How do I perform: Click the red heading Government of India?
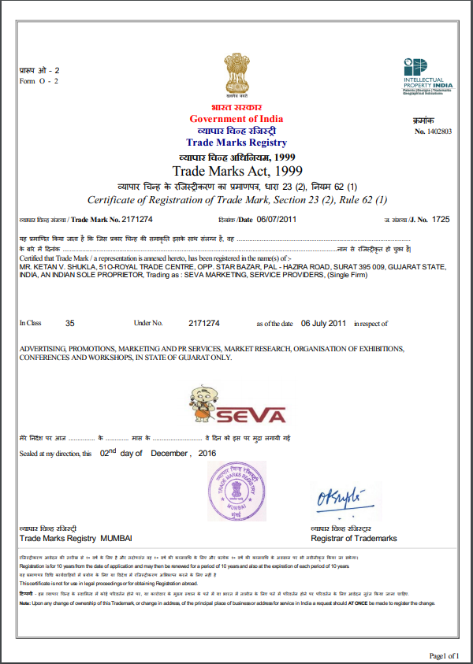(x=236, y=119)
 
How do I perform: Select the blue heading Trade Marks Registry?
(x=236, y=143)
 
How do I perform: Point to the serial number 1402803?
(x=438, y=132)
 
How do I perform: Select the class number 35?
(x=69, y=323)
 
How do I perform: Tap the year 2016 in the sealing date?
(x=207, y=454)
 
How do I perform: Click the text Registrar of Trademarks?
(x=354, y=538)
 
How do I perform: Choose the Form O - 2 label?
(x=39, y=81)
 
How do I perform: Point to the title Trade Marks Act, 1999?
(x=236, y=171)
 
